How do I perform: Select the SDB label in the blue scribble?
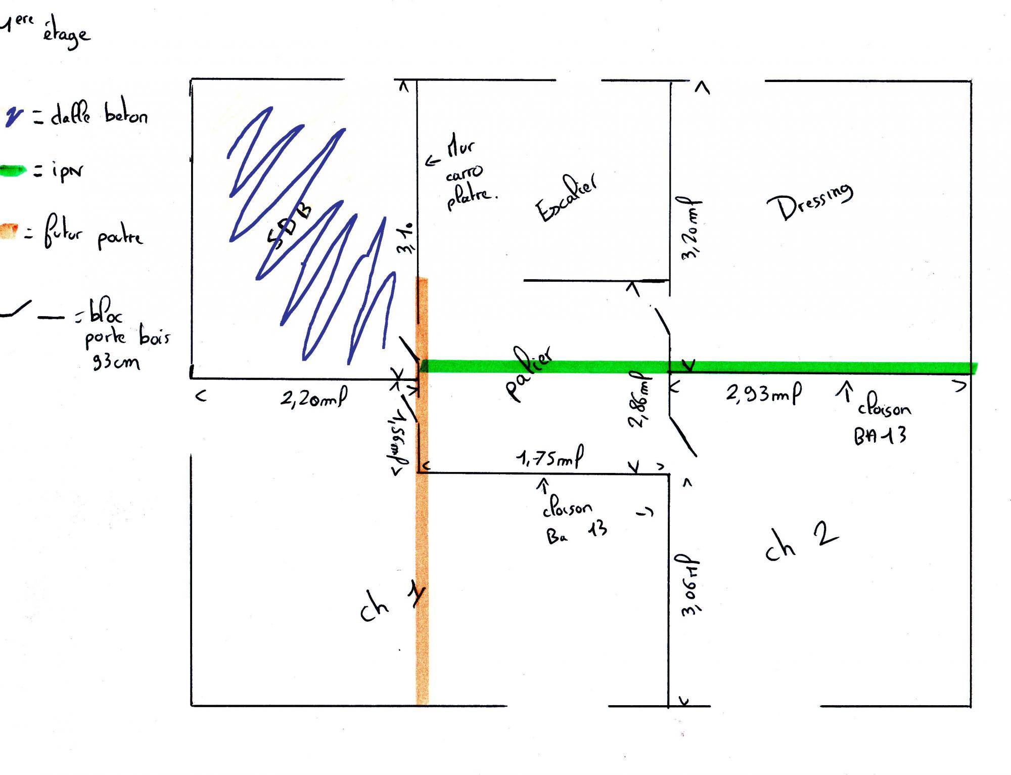[x=289, y=227]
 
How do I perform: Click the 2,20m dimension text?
[x=313, y=399]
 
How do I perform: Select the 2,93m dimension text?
[x=763, y=394]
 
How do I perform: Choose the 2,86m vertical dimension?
[x=639, y=400]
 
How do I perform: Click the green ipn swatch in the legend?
[x=13, y=171]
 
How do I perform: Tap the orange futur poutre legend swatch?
[x=9, y=231]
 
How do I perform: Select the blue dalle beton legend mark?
[x=14, y=116]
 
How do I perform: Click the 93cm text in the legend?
[x=116, y=362]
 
